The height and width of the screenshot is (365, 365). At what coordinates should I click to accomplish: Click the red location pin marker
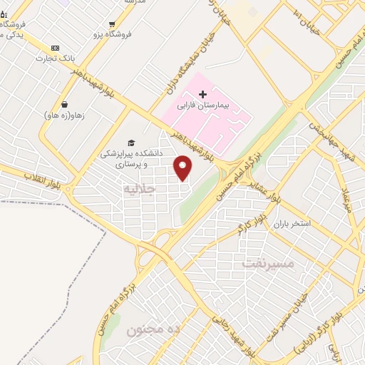[184, 168]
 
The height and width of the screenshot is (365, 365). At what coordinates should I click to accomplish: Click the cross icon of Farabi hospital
[202, 93]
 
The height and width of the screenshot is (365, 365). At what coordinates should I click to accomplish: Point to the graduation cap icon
[131, 143]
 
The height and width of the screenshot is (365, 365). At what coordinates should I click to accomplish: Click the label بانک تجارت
[57, 58]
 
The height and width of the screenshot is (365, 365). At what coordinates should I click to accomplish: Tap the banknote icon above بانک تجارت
[56, 47]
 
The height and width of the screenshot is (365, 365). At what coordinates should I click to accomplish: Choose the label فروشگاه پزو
[111, 35]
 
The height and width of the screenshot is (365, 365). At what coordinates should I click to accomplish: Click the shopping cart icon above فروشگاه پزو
[112, 24]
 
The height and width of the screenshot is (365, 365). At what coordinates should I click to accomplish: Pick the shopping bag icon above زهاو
[65, 103]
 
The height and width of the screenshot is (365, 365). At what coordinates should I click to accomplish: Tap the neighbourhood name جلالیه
[138, 190]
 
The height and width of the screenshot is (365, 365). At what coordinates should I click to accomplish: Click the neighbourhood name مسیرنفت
[267, 263]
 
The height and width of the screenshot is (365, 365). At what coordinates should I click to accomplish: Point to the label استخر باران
[292, 224]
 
